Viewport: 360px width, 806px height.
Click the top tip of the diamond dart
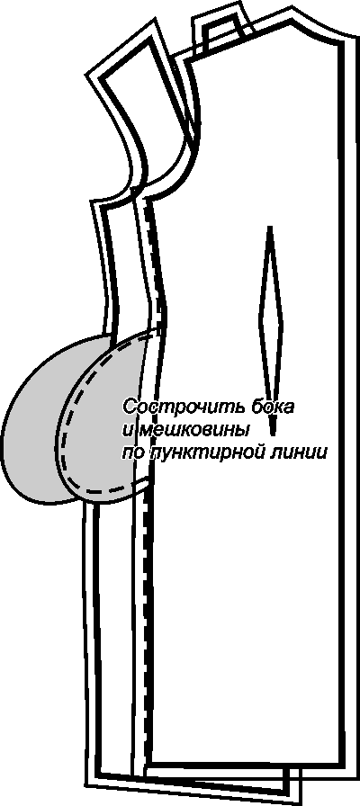click(x=270, y=227)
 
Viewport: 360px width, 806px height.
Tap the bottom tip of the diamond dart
click(x=274, y=432)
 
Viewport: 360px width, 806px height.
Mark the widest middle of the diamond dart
click(x=271, y=315)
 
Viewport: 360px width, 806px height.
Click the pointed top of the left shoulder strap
click(x=153, y=21)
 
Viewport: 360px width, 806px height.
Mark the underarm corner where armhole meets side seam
click(x=94, y=201)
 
